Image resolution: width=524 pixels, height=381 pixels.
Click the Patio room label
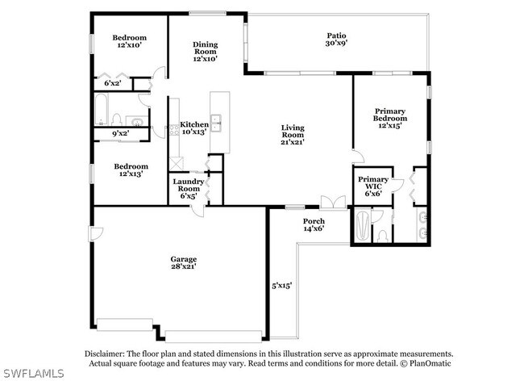[336, 39]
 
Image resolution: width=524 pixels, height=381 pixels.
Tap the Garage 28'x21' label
[184, 262]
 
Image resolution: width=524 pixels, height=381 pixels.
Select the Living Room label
[293, 135]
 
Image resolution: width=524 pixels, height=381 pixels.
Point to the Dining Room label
[206, 52]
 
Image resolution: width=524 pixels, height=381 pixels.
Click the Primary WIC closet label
[373, 186]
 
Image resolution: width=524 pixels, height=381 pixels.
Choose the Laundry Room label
[189, 188]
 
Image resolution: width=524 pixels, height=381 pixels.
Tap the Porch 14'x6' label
[314, 224]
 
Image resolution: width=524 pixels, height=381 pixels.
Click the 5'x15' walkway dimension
[281, 285]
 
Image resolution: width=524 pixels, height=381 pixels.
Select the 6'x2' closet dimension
[112, 83]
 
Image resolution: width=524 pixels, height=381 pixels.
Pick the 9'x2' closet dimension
[121, 133]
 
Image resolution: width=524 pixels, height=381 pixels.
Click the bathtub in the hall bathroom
[101, 109]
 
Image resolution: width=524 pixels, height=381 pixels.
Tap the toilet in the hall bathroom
[116, 119]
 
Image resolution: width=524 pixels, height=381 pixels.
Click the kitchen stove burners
[174, 130]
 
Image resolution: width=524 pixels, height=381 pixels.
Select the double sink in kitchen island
[216, 123]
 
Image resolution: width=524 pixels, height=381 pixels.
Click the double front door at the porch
[333, 203]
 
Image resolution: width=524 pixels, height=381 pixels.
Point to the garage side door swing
[96, 234]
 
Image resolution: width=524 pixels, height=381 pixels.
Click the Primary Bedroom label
[390, 118]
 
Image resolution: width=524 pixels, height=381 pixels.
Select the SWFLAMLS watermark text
[33, 373]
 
